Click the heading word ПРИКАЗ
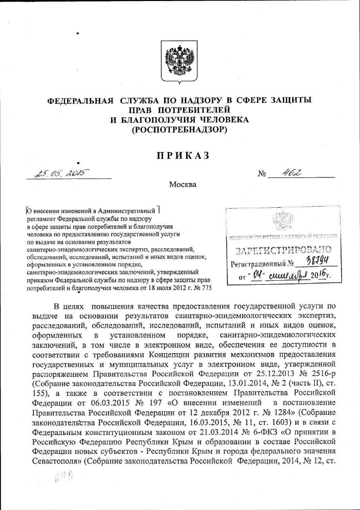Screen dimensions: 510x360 pyautogui.click(x=180, y=156)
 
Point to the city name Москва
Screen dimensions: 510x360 pyautogui.click(x=183, y=184)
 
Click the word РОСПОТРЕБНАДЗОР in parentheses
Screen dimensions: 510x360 pyautogui.click(x=179, y=130)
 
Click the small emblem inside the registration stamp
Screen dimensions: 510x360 pyautogui.click(x=282, y=222)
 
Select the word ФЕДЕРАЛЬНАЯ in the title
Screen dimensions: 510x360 pyautogui.click(x=80, y=100)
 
